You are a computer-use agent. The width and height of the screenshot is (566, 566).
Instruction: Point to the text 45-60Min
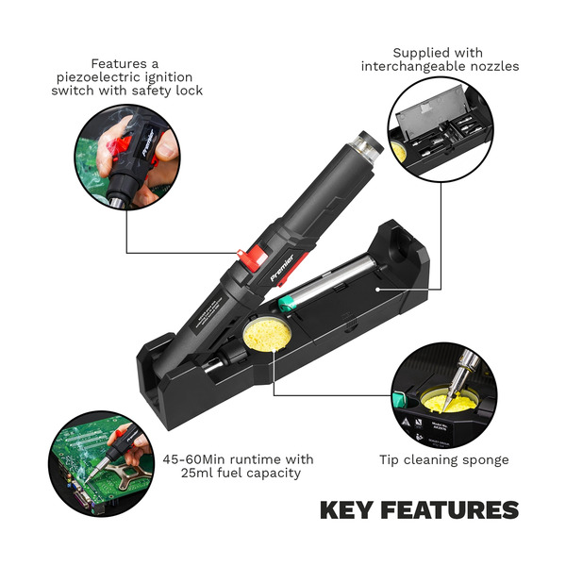click(x=194, y=458)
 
